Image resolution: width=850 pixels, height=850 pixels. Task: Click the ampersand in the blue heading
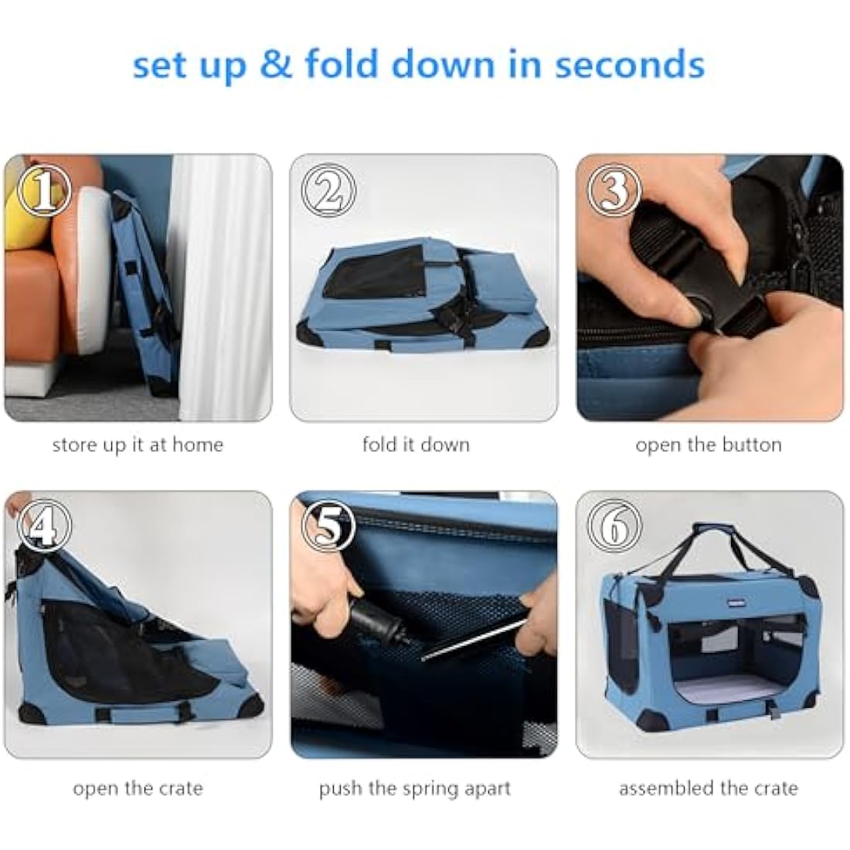tap(276, 64)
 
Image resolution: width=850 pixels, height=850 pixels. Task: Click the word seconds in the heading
tap(629, 64)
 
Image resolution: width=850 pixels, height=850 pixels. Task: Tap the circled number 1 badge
tap(44, 190)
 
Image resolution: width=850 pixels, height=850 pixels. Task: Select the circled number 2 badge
tap(328, 190)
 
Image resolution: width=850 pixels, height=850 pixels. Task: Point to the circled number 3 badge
tap(614, 190)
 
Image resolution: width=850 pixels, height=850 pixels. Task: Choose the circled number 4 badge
tap(44, 525)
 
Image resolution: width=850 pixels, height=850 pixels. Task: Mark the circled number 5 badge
tap(328, 525)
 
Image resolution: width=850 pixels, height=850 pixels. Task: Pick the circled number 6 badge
tap(614, 525)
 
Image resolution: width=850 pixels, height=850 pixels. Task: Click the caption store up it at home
tap(138, 445)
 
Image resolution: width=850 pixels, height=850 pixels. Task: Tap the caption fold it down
tap(416, 445)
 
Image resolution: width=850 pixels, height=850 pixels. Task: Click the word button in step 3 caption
tap(751, 445)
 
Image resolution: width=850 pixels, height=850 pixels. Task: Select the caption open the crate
tap(138, 788)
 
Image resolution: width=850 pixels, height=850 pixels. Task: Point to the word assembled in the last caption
tap(666, 788)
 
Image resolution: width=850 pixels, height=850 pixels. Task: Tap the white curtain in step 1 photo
tap(219, 287)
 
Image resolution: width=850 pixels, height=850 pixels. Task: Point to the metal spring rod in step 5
tap(474, 641)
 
